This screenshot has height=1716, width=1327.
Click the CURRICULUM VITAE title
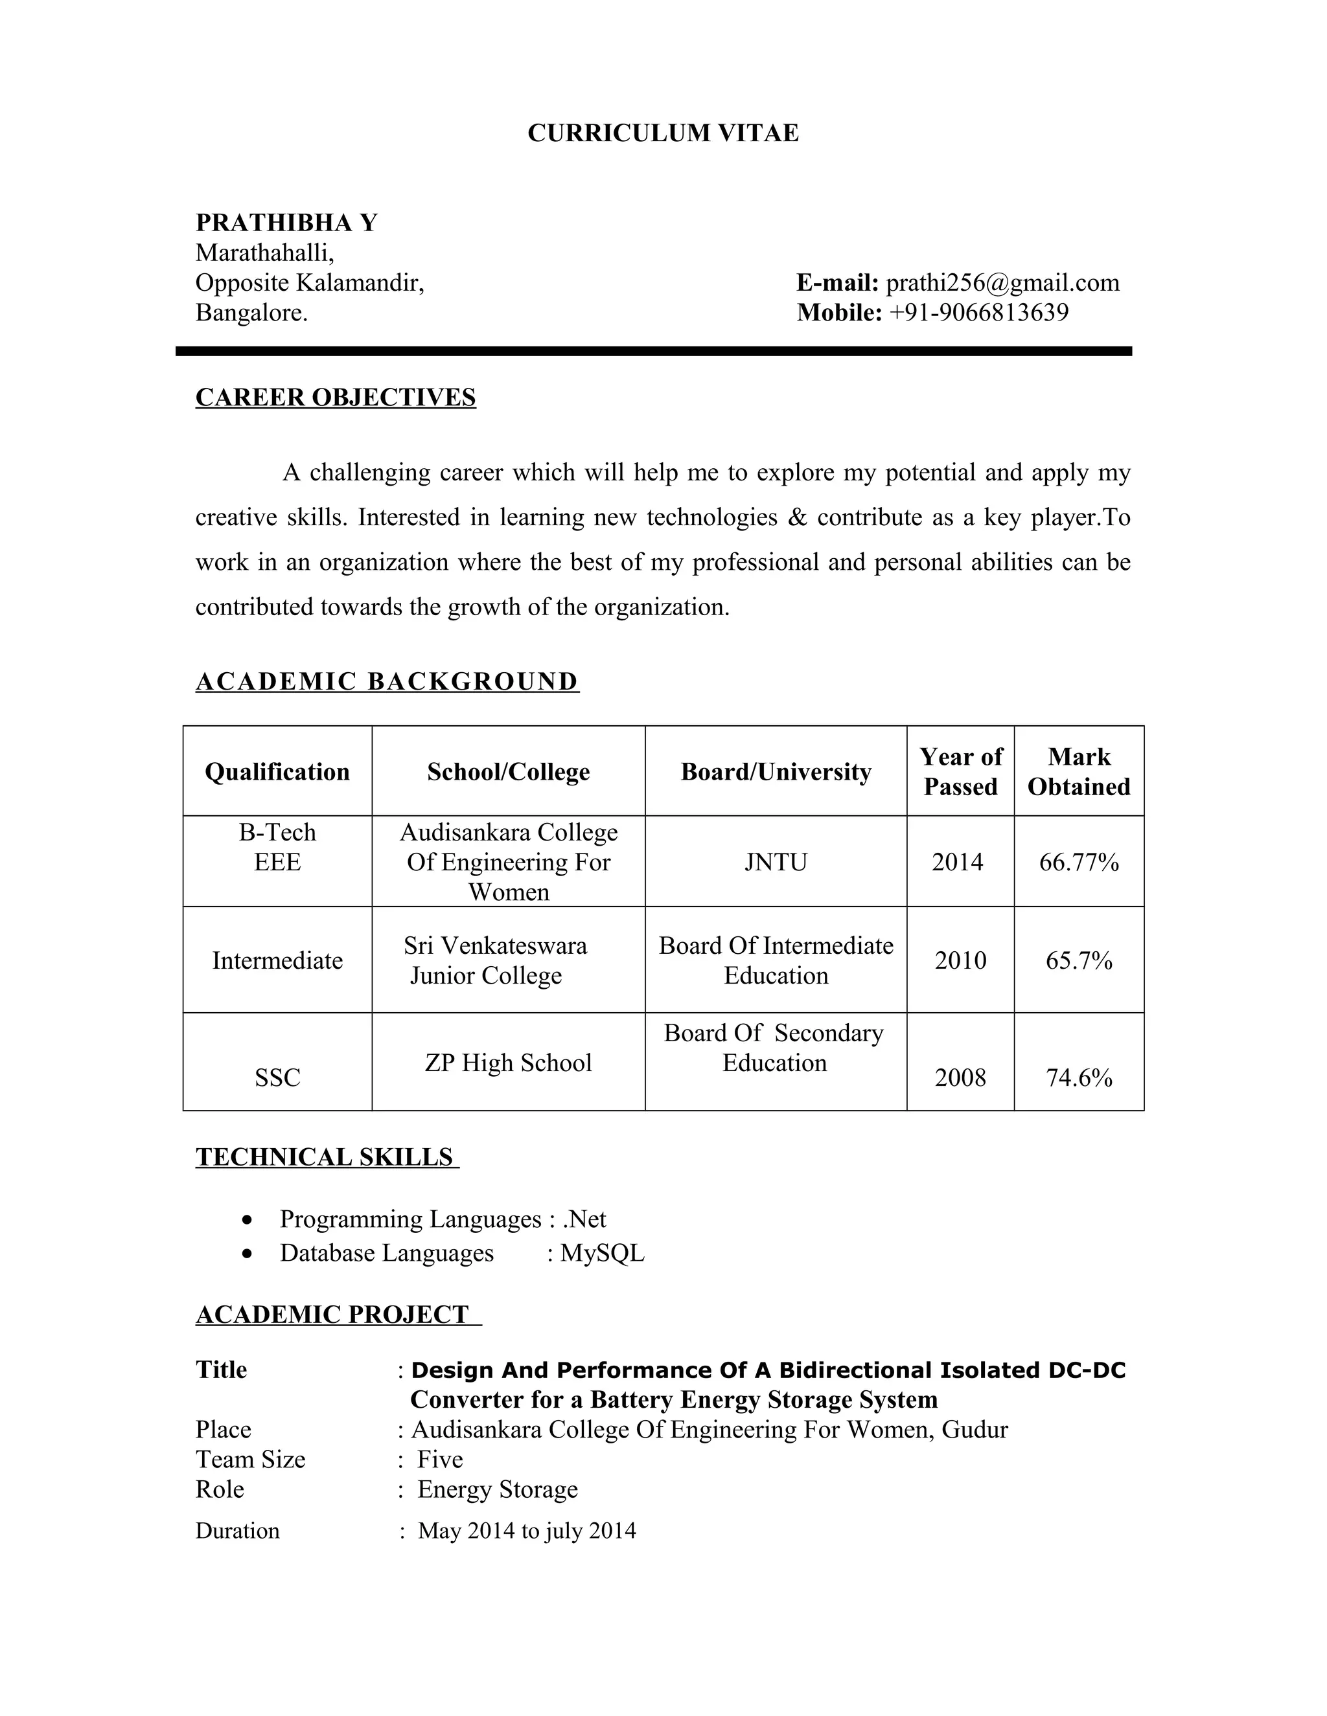point(663,133)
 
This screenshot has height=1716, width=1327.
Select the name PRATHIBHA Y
point(286,223)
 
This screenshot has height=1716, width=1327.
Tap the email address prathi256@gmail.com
point(1002,283)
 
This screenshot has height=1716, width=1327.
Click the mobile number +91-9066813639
point(979,313)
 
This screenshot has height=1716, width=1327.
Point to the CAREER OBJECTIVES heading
point(336,398)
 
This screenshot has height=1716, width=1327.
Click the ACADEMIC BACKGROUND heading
point(387,681)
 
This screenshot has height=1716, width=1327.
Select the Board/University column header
point(775,772)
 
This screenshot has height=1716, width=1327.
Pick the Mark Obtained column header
point(1079,772)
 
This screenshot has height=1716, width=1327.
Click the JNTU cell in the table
point(775,862)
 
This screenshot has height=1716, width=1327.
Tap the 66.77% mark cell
point(1079,862)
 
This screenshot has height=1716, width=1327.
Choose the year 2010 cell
point(960,960)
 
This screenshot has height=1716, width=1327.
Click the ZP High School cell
point(508,1062)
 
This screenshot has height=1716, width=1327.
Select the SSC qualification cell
point(277,1078)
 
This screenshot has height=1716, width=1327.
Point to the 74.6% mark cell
point(1079,1078)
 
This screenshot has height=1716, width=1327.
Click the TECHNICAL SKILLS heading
point(325,1157)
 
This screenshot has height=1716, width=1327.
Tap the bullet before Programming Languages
point(248,1220)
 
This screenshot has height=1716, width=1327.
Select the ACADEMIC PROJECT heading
point(332,1315)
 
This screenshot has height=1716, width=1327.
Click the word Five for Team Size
point(439,1459)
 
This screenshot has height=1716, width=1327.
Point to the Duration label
point(237,1531)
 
